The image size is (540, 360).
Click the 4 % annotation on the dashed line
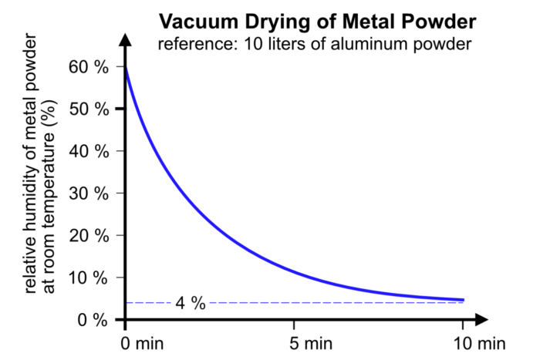click(x=189, y=302)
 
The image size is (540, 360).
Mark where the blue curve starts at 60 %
click(x=126, y=68)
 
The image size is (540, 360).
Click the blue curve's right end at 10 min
click(x=463, y=299)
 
